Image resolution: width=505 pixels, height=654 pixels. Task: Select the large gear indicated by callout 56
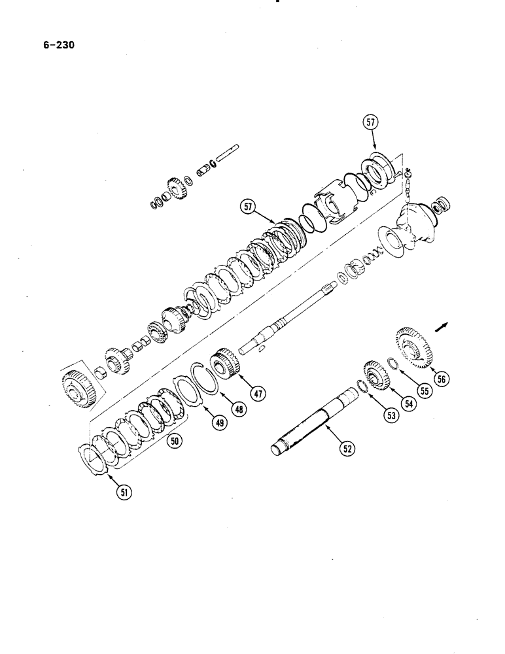click(413, 347)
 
